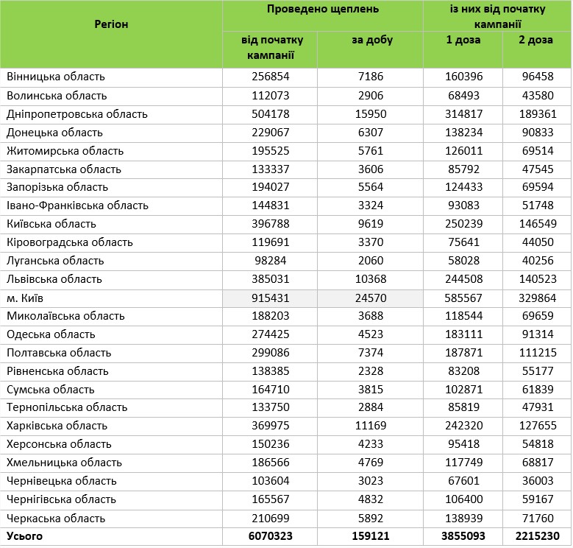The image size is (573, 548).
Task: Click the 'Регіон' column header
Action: pyautogui.click(x=111, y=24)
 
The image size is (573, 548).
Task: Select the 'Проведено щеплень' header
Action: pyautogui.click(x=322, y=10)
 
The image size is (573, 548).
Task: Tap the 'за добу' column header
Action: pyautogui.click(x=372, y=40)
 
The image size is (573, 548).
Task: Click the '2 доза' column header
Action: pyautogui.click(x=537, y=40)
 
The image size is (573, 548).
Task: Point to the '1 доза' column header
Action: pyautogui.click(x=463, y=40)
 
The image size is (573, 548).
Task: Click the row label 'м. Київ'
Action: pyautogui.click(x=28, y=298)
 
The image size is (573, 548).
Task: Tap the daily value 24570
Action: pyautogui.click(x=372, y=298)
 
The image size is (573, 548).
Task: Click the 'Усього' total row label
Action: pyautogui.click(x=25, y=536)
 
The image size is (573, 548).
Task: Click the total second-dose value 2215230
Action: pyautogui.click(x=537, y=536)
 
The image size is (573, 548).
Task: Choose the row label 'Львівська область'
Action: pyautogui.click(x=54, y=279)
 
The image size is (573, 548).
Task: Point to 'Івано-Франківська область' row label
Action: pyautogui.click(x=72, y=205)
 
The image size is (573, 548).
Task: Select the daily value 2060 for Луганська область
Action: pyautogui.click(x=372, y=261)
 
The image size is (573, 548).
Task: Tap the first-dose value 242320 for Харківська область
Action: pyautogui.click(x=463, y=426)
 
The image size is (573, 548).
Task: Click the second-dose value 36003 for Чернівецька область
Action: pyautogui.click(x=537, y=481)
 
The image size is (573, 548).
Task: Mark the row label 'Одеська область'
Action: pyautogui.click(x=51, y=334)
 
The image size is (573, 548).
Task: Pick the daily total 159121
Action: pyautogui.click(x=372, y=536)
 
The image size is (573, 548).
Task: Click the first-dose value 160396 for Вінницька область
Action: pyautogui.click(x=463, y=77)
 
